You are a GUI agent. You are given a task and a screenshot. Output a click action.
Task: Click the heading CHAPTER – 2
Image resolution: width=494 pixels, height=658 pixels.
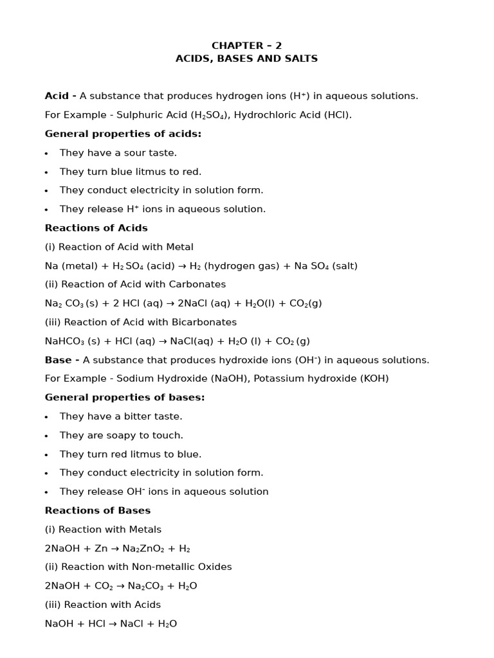[246, 46]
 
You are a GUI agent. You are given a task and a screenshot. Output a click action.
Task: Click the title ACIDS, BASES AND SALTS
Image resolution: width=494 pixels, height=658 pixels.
[246, 58]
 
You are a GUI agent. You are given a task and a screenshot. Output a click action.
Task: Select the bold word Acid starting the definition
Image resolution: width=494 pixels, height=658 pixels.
[57, 96]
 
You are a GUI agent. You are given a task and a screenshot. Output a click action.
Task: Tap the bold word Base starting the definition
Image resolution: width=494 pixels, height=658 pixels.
[58, 360]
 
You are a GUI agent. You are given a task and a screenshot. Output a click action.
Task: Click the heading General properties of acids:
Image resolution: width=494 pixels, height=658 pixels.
[123, 134]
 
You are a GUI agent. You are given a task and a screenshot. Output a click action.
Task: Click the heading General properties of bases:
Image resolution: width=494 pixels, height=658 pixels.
[125, 398]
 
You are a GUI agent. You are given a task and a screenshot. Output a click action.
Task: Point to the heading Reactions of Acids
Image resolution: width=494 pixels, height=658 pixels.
[96, 228]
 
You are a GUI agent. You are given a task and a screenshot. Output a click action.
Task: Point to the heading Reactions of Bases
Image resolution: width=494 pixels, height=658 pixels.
[97, 511]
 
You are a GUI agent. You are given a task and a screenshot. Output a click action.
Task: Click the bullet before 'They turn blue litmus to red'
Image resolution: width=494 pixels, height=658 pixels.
[46, 172]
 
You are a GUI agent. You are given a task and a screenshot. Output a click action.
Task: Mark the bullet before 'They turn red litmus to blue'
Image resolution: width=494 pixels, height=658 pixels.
[46, 455]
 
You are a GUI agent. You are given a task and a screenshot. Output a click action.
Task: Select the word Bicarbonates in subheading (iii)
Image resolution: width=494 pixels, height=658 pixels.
[205, 322]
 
